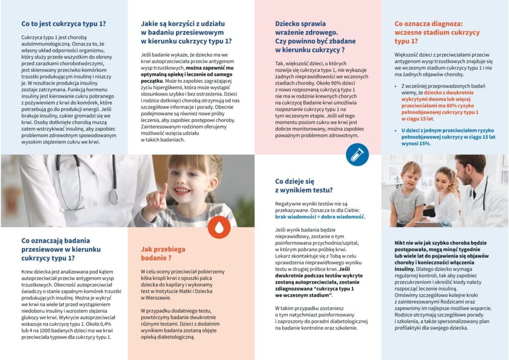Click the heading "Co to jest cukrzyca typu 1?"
pyautogui.click(x=64, y=23)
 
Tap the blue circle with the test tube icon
pyautogui.click(x=357, y=154)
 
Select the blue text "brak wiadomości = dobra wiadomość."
pyautogui.click(x=320, y=217)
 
